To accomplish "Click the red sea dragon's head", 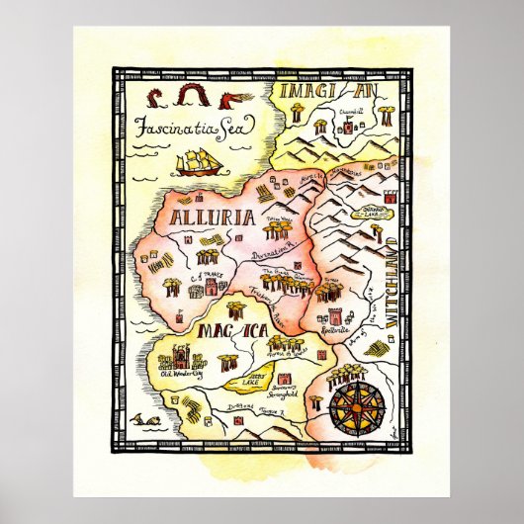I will click(229, 98).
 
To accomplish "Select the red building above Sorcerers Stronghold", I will click(288, 378).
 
